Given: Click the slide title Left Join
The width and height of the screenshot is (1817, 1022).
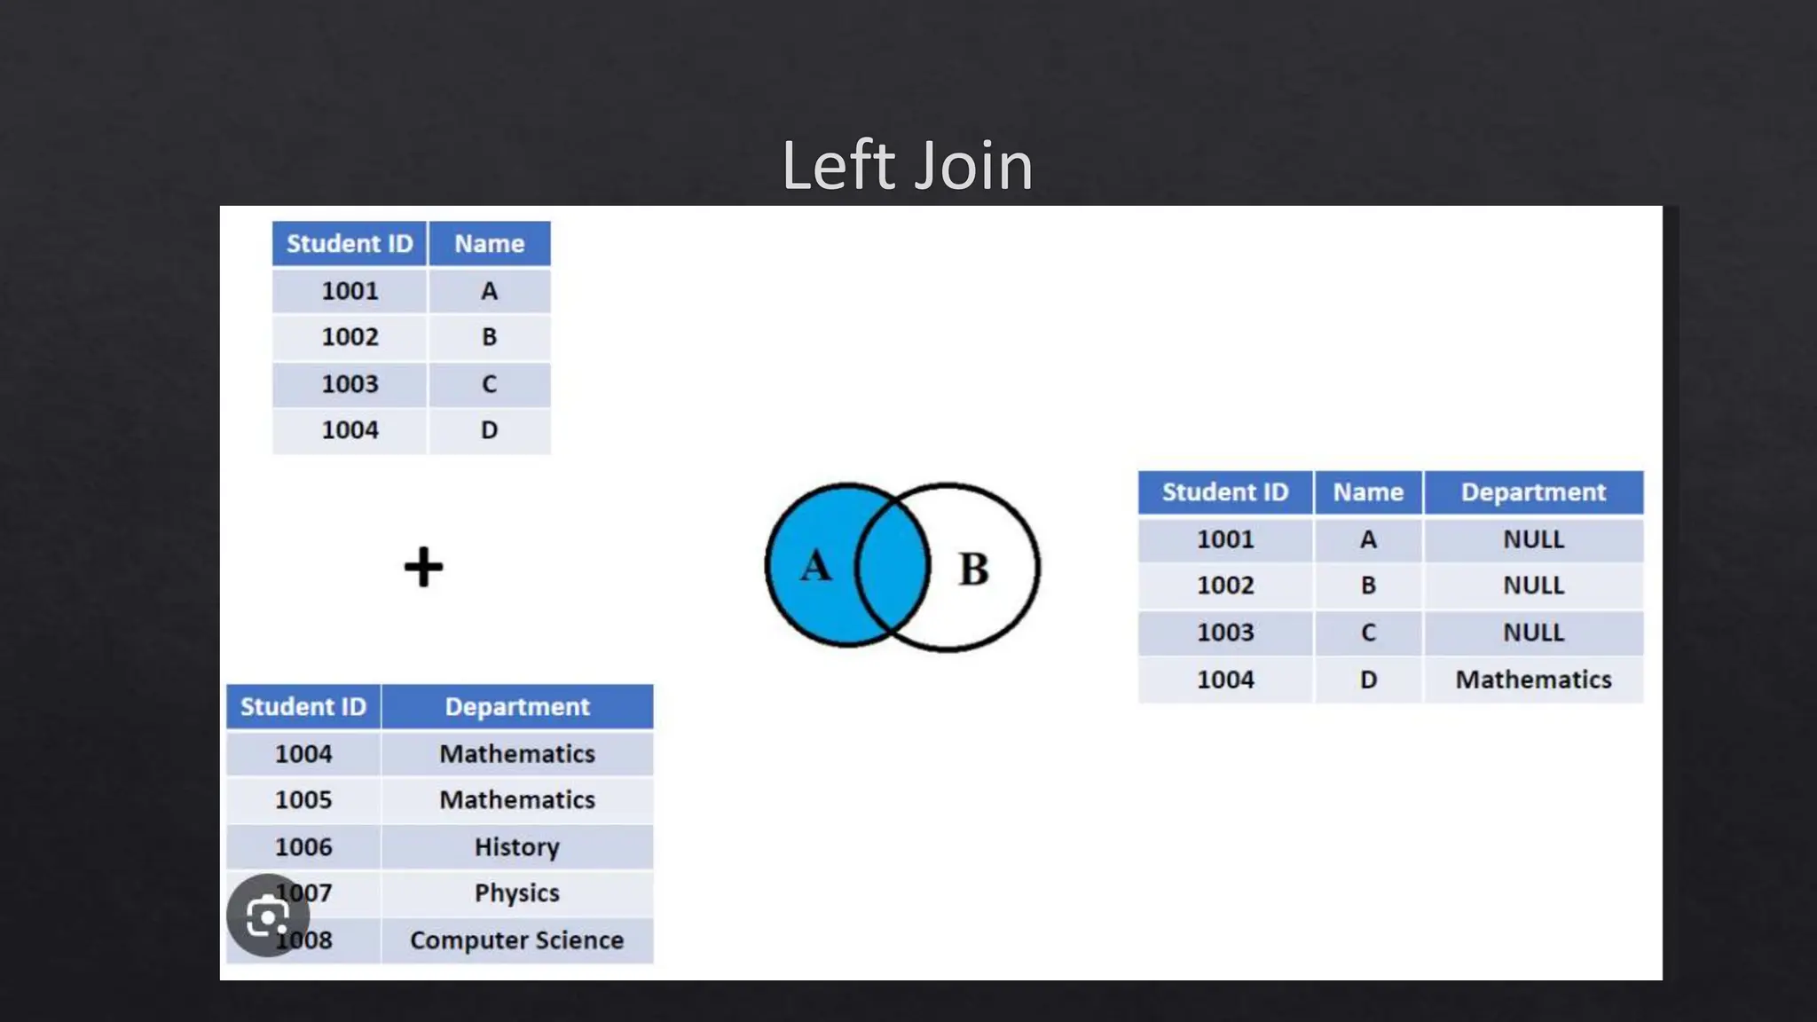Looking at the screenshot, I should pos(907,166).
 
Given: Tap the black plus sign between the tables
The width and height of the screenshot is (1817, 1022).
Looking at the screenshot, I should pos(423,567).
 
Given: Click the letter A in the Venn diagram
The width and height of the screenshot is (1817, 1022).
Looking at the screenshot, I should pos(816,566).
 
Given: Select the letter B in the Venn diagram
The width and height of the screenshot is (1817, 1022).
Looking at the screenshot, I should pos(973,569).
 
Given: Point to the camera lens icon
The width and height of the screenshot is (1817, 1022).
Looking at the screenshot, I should pos(267,916).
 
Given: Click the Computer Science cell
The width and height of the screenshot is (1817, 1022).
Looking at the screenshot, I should pos(516,939).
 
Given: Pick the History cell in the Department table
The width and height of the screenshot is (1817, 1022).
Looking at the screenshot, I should pos(516,846).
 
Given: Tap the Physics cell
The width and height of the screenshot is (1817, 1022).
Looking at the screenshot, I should pos(516,892).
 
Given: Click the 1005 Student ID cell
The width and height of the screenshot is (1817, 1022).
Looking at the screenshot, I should pos(303,799).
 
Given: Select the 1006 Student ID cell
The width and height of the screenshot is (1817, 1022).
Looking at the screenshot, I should pos(303,846).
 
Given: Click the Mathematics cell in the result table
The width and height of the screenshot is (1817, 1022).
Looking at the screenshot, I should pos(1533,680).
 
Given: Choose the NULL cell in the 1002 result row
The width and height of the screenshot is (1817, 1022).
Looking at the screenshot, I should pos(1533,586).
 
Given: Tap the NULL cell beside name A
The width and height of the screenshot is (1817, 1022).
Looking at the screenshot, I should pos(1533,539).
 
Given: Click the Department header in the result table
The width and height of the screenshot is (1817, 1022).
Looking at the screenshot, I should pos(1533,492).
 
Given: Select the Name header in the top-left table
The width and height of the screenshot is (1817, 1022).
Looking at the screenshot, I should pos(489,244).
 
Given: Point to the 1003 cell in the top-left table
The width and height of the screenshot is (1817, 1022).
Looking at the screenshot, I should pos(350,384).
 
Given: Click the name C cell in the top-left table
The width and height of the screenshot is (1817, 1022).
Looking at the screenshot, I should pos(489,384).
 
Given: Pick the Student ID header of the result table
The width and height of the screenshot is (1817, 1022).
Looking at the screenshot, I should pos(1224,492).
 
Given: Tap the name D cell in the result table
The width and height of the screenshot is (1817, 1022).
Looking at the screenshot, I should pos(1368,680).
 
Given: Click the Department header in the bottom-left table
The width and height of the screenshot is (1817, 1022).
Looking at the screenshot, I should pos(516,707).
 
